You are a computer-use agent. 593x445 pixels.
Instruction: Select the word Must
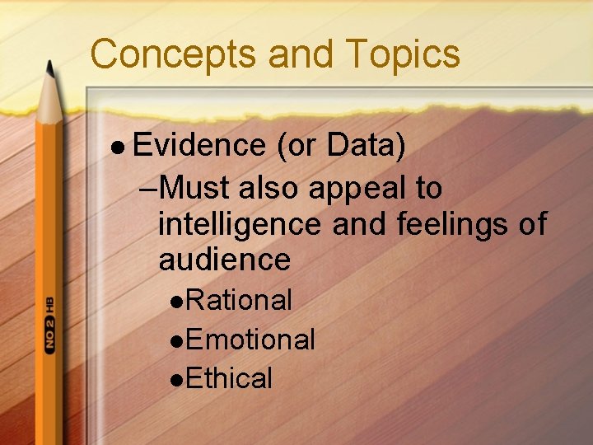click(194, 188)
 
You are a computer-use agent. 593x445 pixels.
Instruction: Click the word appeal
click(357, 189)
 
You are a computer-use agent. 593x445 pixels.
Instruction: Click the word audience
click(224, 260)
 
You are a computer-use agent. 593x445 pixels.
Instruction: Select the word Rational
click(239, 300)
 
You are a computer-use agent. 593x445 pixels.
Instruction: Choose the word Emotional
click(250, 340)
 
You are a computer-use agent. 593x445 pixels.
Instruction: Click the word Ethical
click(229, 379)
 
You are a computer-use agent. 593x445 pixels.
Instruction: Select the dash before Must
click(149, 190)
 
